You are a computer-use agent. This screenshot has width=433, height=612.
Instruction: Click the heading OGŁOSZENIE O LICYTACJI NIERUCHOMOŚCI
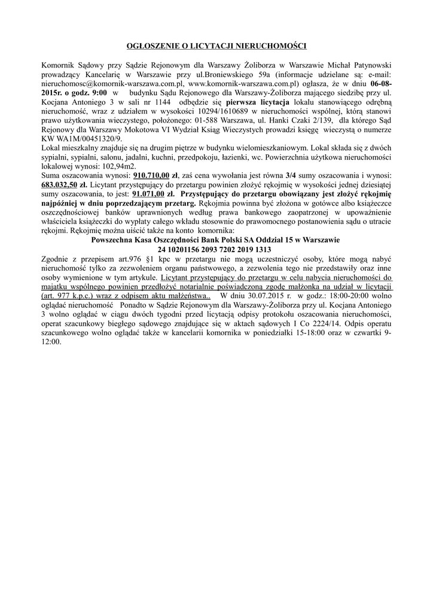(216, 45)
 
